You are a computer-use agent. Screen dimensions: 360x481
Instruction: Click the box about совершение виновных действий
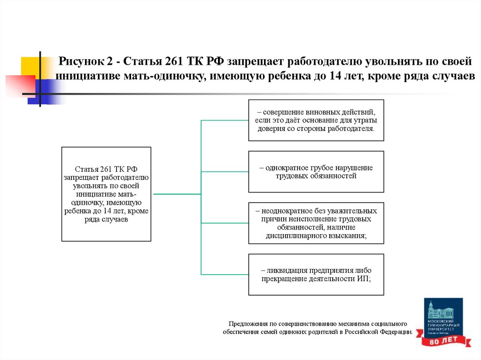pos(316,120)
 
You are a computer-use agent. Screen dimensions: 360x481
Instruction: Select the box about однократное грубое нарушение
pos(316,171)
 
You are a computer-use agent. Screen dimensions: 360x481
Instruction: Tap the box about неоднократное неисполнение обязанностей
pos(316,223)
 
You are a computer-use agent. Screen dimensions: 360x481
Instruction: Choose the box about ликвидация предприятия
pos(316,275)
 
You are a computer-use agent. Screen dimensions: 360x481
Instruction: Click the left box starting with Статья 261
pos(106,194)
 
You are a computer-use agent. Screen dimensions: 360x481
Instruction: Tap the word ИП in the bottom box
pos(364,278)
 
